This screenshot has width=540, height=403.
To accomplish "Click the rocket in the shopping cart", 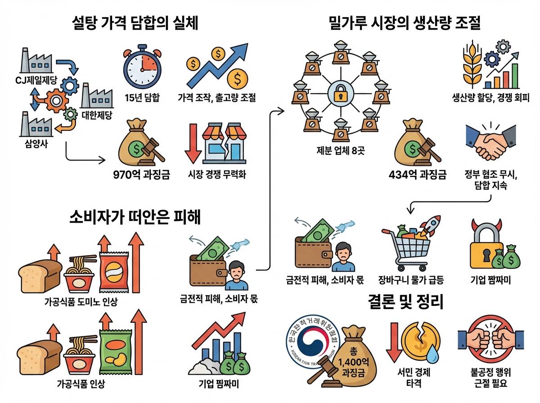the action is [431, 228].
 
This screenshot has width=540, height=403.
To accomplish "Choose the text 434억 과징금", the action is [418, 175].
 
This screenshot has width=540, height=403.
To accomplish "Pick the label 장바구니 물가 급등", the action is [411, 280].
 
